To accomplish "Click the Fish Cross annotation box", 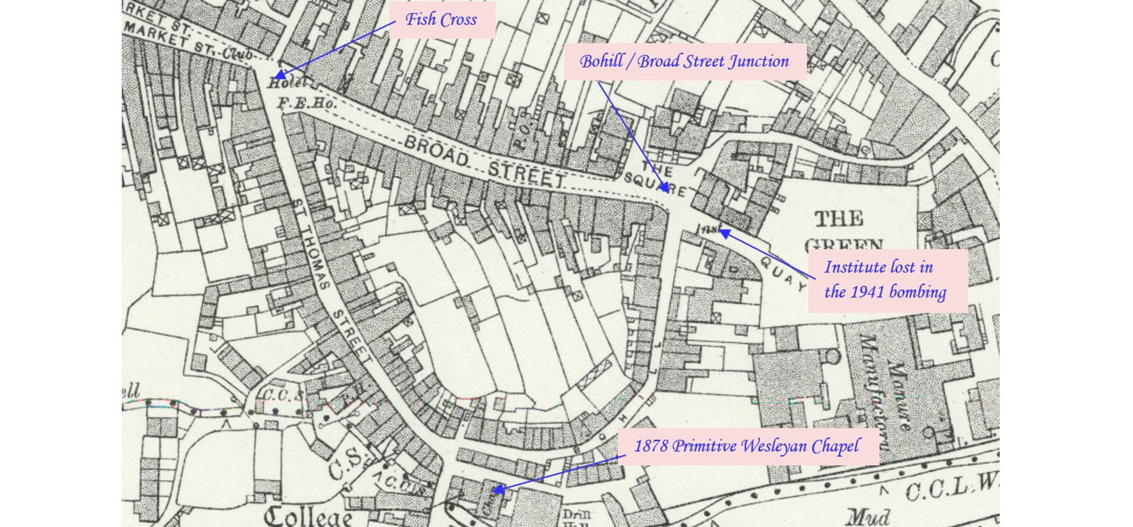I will click(441, 19).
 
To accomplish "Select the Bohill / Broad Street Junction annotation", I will click(684, 62).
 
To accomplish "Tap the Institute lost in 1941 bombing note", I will click(886, 280).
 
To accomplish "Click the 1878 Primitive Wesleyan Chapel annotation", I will click(747, 446).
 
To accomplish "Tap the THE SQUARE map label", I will click(660, 179).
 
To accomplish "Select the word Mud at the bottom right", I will click(868, 517).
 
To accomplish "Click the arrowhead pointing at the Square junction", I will click(666, 189).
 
